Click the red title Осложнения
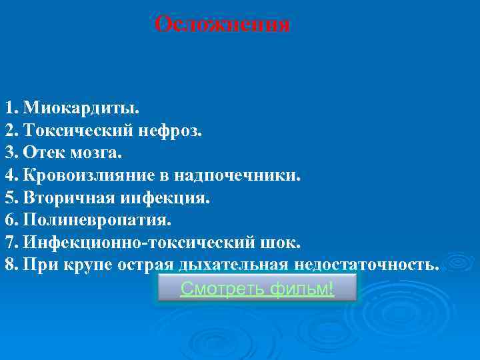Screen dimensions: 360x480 coord(222,25)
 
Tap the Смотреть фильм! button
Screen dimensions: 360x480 coord(257,289)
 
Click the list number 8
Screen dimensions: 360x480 coord(11,263)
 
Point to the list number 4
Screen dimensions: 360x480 coord(11,176)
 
